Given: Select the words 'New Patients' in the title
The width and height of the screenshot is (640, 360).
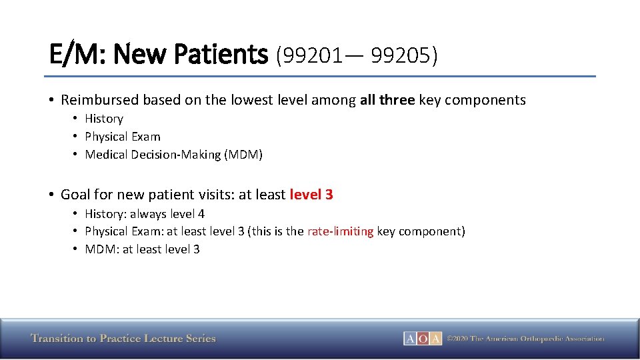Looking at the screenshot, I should (191, 54).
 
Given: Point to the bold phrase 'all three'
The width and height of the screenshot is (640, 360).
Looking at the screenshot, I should (387, 100).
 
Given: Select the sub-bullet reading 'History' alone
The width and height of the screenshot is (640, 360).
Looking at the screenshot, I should (104, 119).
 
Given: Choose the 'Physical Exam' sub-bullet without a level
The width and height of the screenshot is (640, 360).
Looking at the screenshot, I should (123, 137).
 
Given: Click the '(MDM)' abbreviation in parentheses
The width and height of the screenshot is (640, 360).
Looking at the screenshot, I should (243, 155).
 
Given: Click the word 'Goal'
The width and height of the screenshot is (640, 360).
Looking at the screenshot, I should (75, 195).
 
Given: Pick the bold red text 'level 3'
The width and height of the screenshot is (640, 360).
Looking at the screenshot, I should (311, 195).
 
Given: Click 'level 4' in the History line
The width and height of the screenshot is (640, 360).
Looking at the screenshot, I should (186, 214).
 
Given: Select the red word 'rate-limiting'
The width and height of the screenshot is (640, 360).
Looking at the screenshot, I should (340, 231).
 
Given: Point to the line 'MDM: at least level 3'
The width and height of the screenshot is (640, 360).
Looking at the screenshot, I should (142, 249).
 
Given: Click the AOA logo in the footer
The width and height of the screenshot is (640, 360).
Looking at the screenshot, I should (423, 339).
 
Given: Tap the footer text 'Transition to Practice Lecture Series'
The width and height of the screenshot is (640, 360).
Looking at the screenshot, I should (123, 339).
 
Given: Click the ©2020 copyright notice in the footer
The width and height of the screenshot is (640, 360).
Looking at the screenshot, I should (525, 339).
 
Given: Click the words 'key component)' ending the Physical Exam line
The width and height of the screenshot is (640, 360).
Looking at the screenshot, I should (421, 231).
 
